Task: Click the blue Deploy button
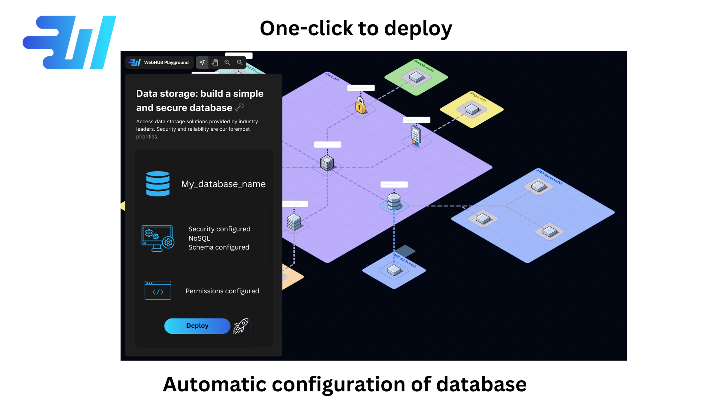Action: click(197, 326)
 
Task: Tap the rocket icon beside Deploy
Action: click(241, 326)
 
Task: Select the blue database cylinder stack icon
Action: click(158, 183)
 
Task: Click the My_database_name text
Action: click(223, 184)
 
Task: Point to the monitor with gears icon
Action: click(158, 238)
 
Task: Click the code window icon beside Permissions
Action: click(158, 290)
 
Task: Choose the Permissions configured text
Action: click(222, 291)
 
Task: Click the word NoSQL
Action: click(199, 238)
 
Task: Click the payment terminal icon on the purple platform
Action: click(416, 136)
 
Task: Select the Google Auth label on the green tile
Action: click(424, 65)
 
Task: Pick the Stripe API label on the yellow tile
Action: click(478, 97)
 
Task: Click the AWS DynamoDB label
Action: click(549, 177)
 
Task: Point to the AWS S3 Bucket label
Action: click(405, 261)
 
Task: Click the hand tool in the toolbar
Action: click(215, 62)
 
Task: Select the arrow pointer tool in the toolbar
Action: click(202, 62)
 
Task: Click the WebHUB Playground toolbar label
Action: click(166, 62)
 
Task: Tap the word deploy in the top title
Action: click(418, 29)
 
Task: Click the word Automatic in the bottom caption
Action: click(215, 384)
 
